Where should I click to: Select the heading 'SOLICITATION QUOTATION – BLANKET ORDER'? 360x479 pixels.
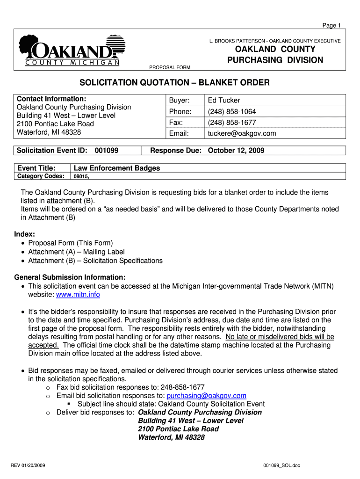(x=174, y=83)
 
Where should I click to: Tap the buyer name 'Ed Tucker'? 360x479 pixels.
(x=224, y=100)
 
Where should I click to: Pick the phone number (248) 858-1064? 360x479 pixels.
(x=232, y=111)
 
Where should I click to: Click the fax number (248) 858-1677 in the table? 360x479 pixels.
(x=232, y=123)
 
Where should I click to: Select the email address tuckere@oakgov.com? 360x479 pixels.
(x=242, y=133)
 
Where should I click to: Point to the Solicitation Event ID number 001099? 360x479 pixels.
(x=106, y=151)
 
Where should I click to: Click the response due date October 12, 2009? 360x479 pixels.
(x=236, y=151)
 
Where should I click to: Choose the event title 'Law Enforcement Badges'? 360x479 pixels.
(x=117, y=168)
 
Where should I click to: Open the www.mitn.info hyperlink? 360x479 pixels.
(x=78, y=295)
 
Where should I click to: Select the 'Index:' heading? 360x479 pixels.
(x=25, y=234)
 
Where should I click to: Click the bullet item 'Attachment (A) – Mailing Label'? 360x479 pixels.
(x=76, y=252)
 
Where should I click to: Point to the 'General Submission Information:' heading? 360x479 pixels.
(x=70, y=277)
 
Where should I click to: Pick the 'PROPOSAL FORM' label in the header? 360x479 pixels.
(x=169, y=67)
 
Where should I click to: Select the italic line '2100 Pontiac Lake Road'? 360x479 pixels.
(x=178, y=429)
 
